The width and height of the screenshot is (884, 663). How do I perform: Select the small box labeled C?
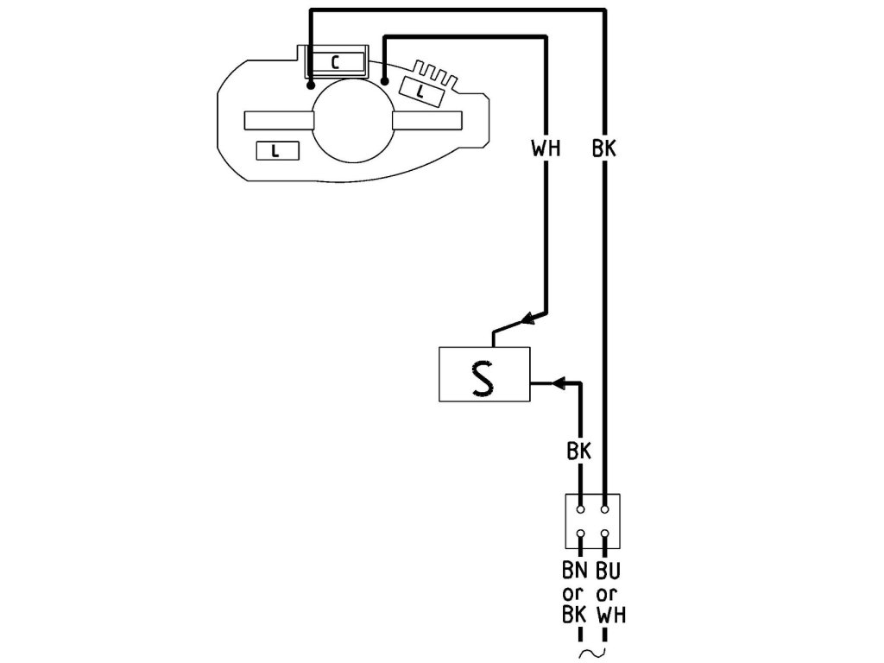(337, 61)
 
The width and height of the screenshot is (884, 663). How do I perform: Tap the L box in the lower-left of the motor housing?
(276, 150)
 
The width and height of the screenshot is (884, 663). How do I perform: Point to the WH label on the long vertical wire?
(546, 148)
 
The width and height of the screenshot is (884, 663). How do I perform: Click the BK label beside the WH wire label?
(605, 148)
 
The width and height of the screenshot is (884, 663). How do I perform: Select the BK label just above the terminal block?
(580, 451)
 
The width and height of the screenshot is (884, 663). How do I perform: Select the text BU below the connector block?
(609, 571)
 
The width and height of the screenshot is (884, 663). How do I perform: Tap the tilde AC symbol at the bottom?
(593, 654)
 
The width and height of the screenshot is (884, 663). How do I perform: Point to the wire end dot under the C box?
(310, 85)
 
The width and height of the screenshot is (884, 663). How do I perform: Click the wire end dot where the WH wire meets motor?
(385, 81)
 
